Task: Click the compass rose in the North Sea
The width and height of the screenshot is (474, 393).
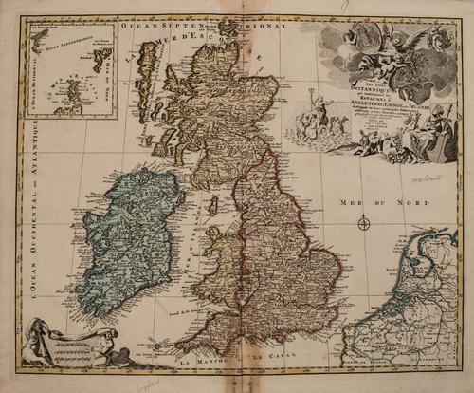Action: point(364,224)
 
